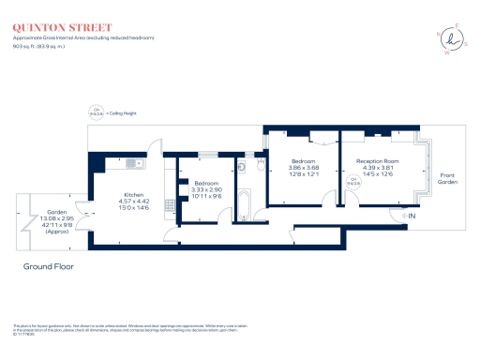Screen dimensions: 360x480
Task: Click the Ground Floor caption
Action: pyautogui.click(x=48, y=266)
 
